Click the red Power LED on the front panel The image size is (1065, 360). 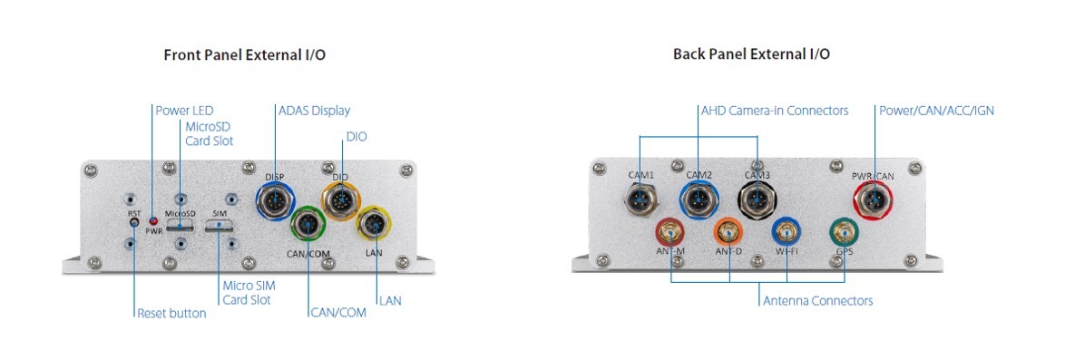[x=153, y=221]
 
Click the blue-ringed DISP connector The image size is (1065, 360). [x=275, y=201]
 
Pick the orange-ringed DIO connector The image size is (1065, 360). [x=341, y=200]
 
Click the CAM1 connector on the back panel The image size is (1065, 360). [x=640, y=200]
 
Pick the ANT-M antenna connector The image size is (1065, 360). [x=670, y=233]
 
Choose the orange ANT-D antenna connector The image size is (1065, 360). [x=728, y=233]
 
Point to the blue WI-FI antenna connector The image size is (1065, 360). [x=787, y=233]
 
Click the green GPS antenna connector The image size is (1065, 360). [x=845, y=233]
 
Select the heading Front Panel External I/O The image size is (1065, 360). [x=245, y=55]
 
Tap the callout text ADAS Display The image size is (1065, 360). [x=314, y=110]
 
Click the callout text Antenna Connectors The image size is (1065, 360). [x=817, y=300]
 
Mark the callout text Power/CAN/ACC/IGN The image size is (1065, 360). [x=936, y=110]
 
